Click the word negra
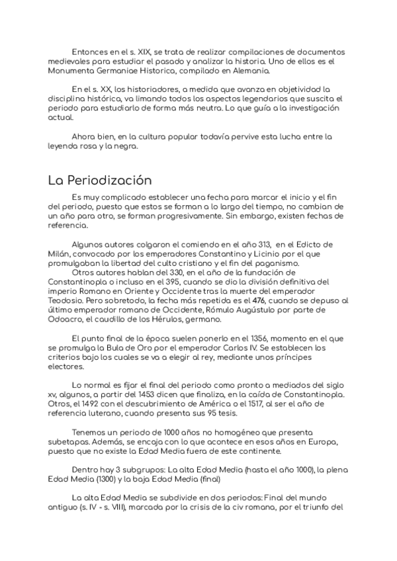[x=122, y=147]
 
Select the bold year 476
[x=269, y=300]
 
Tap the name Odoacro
[x=65, y=319]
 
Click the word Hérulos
[x=167, y=319]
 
